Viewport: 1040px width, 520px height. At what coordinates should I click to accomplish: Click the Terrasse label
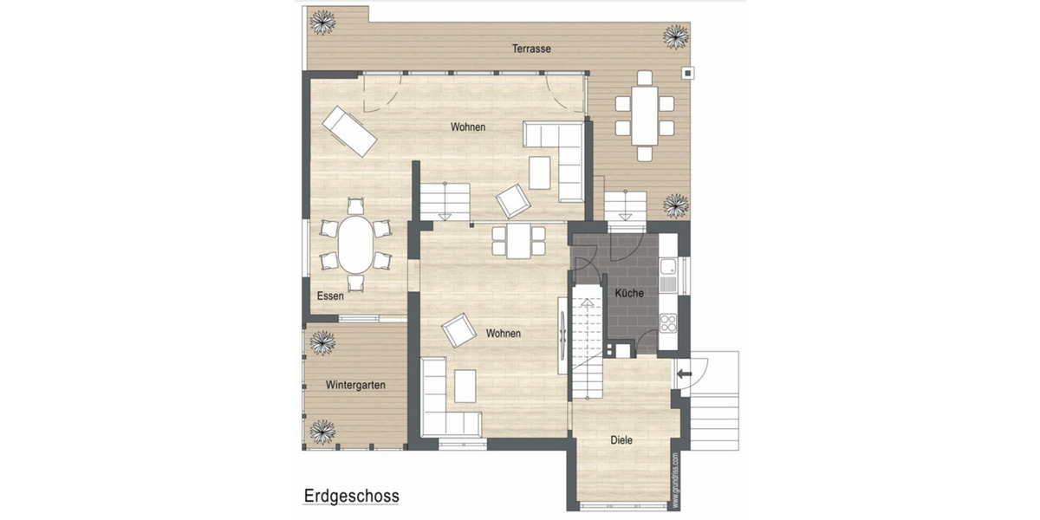pyautogui.click(x=531, y=49)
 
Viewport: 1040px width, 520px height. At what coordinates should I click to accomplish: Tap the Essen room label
pyautogui.click(x=330, y=296)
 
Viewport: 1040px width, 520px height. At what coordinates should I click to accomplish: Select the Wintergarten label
pyautogui.click(x=355, y=385)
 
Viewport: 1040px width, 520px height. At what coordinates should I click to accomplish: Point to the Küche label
pyautogui.click(x=629, y=294)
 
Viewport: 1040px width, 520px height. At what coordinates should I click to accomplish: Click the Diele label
pyautogui.click(x=621, y=440)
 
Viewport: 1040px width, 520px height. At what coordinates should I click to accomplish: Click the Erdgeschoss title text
pyautogui.click(x=351, y=497)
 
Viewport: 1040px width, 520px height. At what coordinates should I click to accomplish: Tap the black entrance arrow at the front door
pyautogui.click(x=684, y=374)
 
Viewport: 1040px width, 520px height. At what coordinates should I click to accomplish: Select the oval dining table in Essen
pyautogui.click(x=355, y=244)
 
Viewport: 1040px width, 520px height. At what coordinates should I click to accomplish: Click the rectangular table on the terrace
pyautogui.click(x=643, y=115)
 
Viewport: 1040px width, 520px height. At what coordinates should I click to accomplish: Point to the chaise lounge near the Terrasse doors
pyautogui.click(x=349, y=132)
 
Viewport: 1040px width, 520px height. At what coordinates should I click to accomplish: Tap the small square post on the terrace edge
pyautogui.click(x=688, y=73)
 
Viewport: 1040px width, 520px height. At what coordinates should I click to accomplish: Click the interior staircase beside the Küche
pyautogui.click(x=586, y=342)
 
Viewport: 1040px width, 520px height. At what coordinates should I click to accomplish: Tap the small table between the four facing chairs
pyautogui.click(x=519, y=240)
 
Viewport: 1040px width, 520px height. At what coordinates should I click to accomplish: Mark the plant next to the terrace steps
pyautogui.click(x=676, y=206)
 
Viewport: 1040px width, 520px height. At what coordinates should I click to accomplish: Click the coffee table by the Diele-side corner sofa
pyautogui.click(x=465, y=386)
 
